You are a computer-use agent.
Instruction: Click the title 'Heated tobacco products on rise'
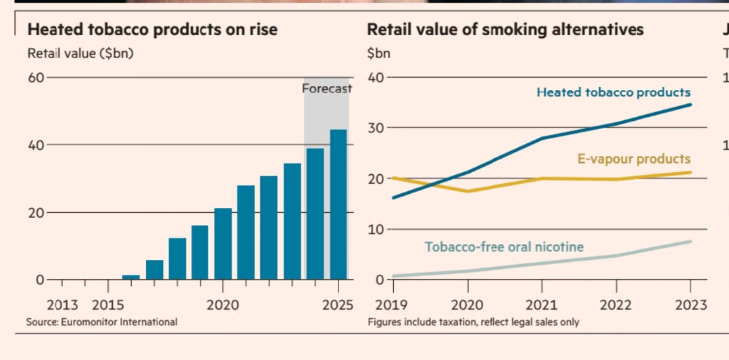click(152, 30)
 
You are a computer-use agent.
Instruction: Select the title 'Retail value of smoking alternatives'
click(505, 30)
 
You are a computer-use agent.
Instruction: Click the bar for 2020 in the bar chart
click(223, 243)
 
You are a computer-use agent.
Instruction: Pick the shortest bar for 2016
click(131, 277)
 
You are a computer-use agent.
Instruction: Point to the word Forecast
click(326, 88)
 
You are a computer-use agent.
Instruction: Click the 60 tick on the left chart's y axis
click(35, 77)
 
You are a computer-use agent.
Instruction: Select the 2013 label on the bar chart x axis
click(62, 305)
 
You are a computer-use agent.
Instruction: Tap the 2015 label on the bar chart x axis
click(107, 305)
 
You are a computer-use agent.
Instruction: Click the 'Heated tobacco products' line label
click(613, 93)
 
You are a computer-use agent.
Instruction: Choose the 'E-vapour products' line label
click(634, 159)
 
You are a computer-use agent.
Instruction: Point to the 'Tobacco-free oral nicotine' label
click(504, 247)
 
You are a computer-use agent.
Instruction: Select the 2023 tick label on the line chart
click(690, 305)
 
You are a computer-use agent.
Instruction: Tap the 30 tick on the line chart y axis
click(375, 128)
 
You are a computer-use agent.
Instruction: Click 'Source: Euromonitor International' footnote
click(101, 322)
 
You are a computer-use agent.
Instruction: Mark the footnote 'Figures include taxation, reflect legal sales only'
click(473, 322)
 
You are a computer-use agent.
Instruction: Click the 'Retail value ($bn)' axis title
click(80, 53)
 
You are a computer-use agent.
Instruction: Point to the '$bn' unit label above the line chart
click(378, 53)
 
